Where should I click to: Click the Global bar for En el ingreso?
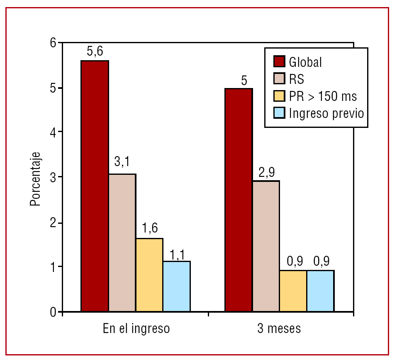(x=95, y=186)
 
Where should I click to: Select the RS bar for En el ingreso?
(x=122, y=242)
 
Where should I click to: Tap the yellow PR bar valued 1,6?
(x=149, y=274)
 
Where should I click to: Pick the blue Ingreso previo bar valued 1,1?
(x=177, y=286)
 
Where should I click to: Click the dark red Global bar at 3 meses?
(x=239, y=200)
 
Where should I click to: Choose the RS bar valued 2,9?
(x=266, y=246)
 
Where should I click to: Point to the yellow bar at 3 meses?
(x=293, y=291)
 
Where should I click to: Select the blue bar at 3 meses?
(x=320, y=291)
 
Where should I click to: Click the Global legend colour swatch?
(x=278, y=62)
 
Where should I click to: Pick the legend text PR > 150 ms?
(x=323, y=96)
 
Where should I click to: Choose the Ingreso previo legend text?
(x=326, y=113)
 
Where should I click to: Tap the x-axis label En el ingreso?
(x=136, y=329)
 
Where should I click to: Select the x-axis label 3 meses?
(x=279, y=329)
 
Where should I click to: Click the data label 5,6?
(x=95, y=52)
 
